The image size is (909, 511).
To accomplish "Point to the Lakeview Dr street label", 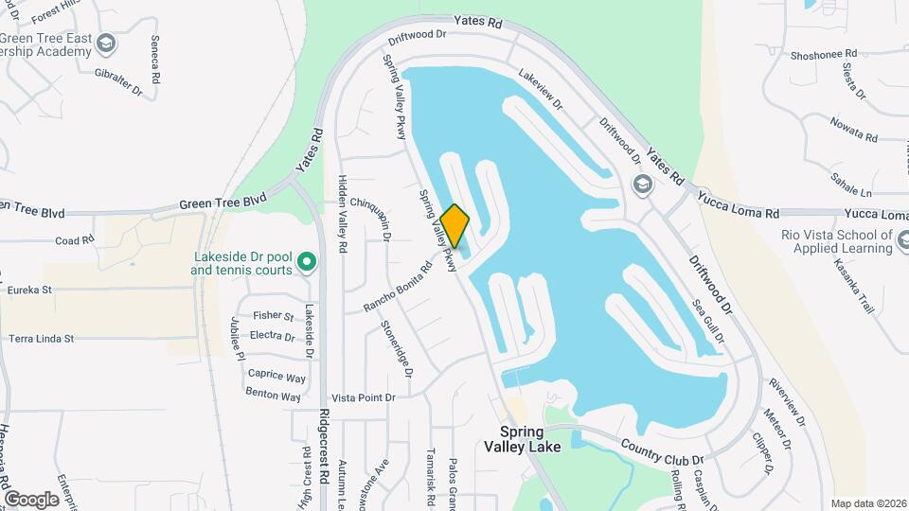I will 540,91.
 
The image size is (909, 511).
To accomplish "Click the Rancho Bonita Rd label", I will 398,287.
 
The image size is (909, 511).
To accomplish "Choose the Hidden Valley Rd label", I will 344,216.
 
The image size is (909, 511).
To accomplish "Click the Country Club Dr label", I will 663,451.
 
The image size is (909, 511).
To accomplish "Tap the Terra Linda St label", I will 54,338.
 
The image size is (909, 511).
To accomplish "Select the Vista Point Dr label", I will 363,398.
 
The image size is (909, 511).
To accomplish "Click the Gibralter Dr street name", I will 119,79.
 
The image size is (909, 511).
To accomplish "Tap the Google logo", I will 31,499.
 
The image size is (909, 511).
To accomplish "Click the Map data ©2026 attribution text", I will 867,503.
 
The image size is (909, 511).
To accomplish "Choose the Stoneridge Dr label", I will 397,347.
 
